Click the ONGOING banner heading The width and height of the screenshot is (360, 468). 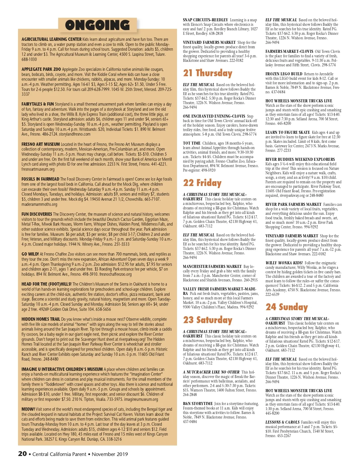[97, 25]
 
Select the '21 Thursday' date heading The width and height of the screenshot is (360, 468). [208, 73]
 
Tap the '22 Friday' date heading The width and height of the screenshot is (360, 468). [202, 183]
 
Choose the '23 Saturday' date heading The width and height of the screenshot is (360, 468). [208, 320]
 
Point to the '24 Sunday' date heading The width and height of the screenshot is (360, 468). [286, 307]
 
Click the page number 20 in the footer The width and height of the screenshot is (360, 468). [22, 454]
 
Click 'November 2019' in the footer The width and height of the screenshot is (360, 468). [110, 454]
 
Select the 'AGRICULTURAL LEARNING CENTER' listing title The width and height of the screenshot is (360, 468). [51, 39]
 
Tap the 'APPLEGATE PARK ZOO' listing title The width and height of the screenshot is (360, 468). [41, 69]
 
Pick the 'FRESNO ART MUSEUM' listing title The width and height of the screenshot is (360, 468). [40, 144]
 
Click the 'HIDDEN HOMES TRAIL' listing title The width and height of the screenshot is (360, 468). [41, 319]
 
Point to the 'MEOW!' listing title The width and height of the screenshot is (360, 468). [28, 409]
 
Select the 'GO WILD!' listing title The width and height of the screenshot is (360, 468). [30, 254]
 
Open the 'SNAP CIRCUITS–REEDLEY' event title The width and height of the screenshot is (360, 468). [205, 20]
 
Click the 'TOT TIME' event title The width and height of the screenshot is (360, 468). [192, 143]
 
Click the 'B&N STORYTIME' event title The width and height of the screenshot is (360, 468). [198, 403]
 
